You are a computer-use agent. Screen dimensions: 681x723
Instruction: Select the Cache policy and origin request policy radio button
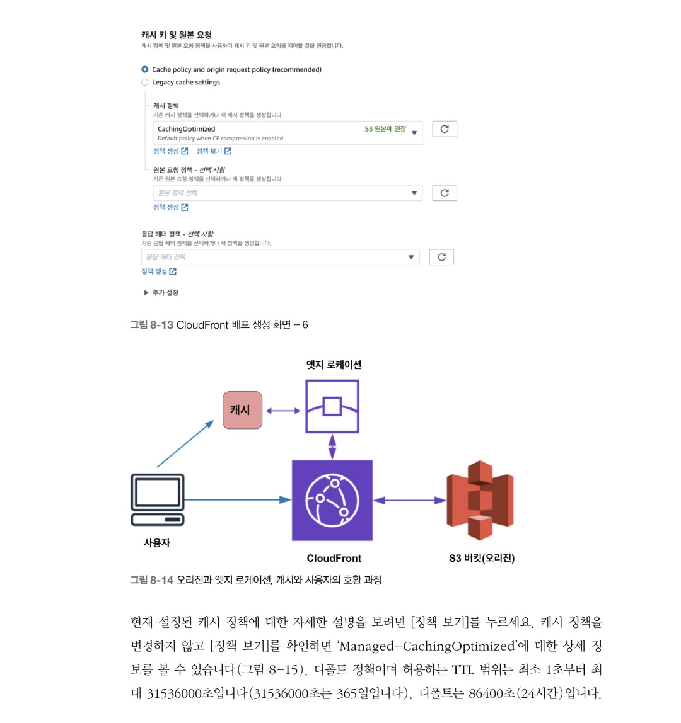click(x=145, y=69)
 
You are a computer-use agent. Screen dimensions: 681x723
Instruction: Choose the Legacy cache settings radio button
click(x=145, y=82)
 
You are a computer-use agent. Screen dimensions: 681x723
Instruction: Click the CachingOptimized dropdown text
click(x=186, y=129)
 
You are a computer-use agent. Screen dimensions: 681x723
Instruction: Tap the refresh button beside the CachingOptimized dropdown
click(x=444, y=129)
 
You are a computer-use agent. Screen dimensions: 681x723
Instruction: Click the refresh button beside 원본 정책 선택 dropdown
click(x=444, y=193)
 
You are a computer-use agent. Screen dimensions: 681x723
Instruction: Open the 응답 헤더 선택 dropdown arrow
click(x=411, y=257)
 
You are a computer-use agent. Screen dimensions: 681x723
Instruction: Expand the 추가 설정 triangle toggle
click(x=146, y=293)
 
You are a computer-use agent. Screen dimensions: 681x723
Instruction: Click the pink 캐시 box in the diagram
click(x=242, y=410)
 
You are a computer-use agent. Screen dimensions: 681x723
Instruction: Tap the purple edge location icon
click(x=332, y=406)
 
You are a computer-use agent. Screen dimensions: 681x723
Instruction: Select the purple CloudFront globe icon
click(x=332, y=500)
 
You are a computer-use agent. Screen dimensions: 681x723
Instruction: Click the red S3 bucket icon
click(x=480, y=500)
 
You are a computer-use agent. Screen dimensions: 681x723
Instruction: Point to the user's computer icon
click(x=158, y=499)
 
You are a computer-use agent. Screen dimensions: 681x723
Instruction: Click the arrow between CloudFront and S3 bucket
click(x=410, y=501)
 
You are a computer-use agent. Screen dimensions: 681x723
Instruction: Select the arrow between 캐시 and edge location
click(x=283, y=411)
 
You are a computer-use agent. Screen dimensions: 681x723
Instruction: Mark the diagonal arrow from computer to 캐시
click(x=185, y=444)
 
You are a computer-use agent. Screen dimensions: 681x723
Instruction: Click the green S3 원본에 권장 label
click(x=385, y=129)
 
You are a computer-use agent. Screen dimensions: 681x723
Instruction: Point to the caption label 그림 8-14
click(x=151, y=579)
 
